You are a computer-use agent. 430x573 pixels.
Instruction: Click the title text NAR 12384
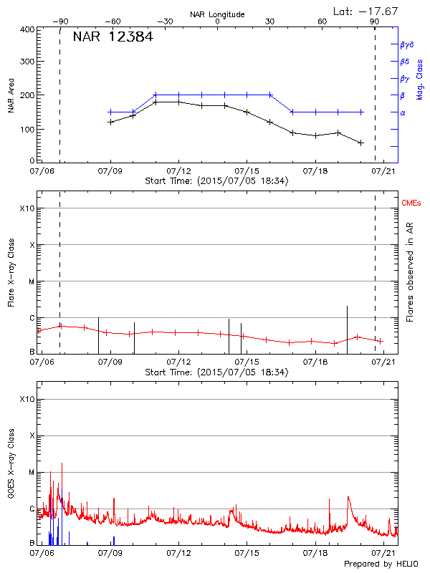pyautogui.click(x=113, y=37)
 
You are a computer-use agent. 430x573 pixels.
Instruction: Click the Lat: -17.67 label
pyautogui.click(x=366, y=10)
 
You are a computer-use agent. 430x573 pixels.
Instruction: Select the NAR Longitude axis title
pyautogui.click(x=217, y=14)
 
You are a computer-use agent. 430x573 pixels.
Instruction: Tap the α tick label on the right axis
pyautogui.click(x=402, y=112)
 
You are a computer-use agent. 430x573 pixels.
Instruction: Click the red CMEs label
pyautogui.click(x=411, y=204)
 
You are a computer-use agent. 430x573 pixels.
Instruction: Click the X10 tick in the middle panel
pyautogui.click(x=27, y=208)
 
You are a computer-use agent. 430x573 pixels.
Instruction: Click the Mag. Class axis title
pyautogui.click(x=419, y=80)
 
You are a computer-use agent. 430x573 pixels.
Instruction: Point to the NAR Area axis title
pyautogui.click(x=11, y=96)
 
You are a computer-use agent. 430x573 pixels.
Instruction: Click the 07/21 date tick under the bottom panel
pyautogui.click(x=386, y=553)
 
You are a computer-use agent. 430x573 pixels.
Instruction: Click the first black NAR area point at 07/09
pyautogui.click(x=110, y=122)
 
